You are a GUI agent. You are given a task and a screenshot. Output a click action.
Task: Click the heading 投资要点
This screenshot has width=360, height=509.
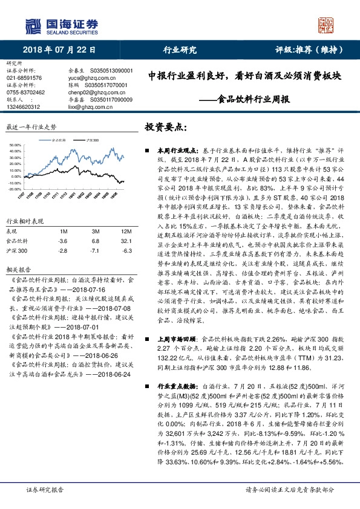[x=164, y=128]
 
